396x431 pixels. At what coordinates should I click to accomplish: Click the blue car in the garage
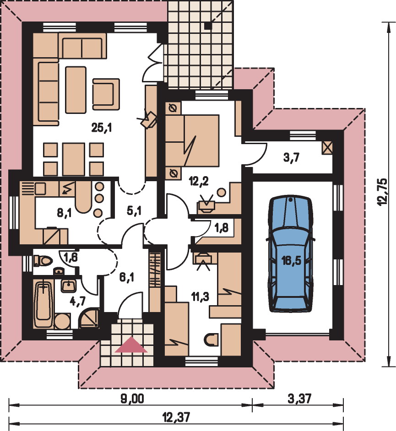click(290, 254)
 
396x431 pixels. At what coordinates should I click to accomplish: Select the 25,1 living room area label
click(102, 128)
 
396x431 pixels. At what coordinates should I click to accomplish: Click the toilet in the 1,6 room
click(43, 260)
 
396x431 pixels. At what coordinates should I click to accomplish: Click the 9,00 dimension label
click(132, 399)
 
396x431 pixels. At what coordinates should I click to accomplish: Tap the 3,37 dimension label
click(299, 399)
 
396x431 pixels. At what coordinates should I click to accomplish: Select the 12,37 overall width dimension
click(176, 417)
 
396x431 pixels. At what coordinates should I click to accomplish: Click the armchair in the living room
click(106, 94)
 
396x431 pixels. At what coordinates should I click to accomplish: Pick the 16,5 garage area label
click(291, 260)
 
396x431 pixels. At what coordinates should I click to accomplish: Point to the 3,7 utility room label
click(291, 158)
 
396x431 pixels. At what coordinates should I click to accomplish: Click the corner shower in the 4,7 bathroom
click(89, 318)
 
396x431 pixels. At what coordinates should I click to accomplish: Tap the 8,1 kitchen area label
click(65, 212)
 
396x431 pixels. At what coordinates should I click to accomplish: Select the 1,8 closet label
click(221, 227)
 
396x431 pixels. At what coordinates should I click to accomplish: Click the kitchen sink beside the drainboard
click(40, 189)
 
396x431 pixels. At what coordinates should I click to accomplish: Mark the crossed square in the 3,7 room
click(327, 148)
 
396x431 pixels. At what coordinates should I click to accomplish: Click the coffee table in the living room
click(76, 90)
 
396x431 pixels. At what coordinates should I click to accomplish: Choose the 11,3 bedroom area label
click(200, 296)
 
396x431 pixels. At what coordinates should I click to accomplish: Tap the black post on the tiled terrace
click(208, 26)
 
